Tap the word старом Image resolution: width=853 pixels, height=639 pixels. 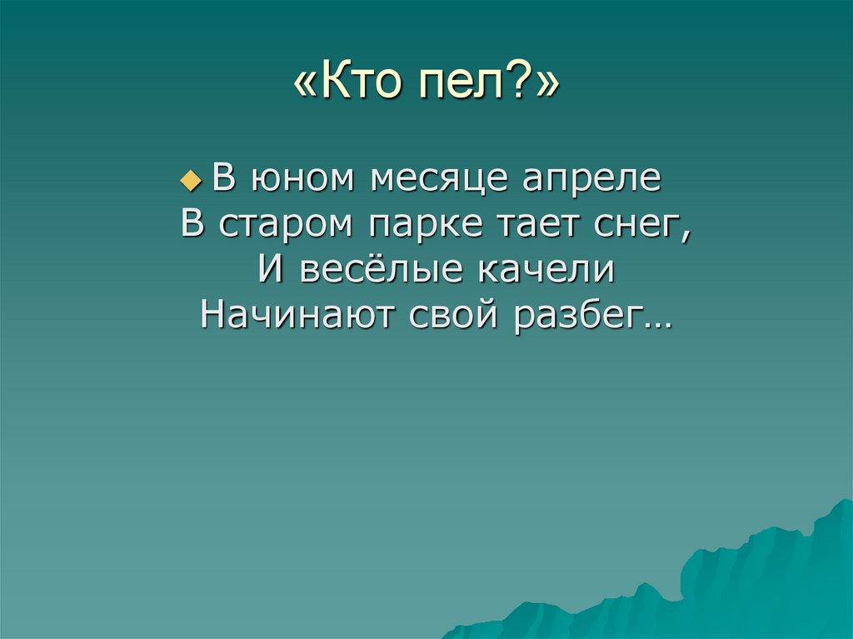coord(278,225)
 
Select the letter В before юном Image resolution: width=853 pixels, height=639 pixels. coord(222,179)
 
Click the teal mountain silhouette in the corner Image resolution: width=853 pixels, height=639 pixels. coord(750,583)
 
